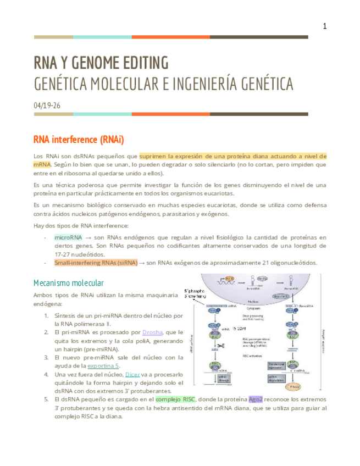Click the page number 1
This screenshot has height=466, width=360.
point(324,26)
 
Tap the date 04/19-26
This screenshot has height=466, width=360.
point(47,105)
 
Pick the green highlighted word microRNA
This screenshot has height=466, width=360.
point(68,237)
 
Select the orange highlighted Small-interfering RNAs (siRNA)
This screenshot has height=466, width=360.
point(96,263)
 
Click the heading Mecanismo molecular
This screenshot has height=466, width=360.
point(69,283)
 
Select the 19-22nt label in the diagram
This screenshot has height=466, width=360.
point(237,328)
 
